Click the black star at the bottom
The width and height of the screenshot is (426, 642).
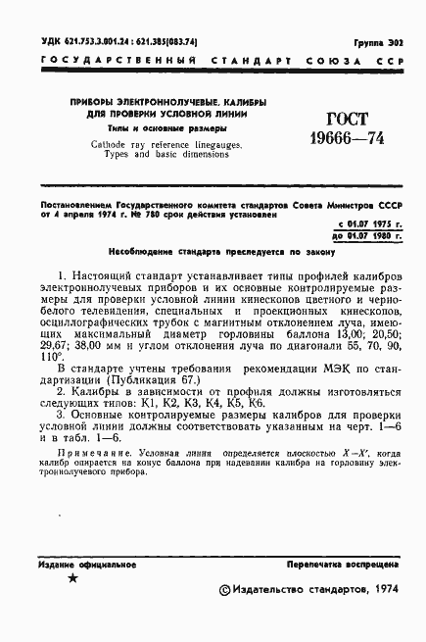[71, 578]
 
